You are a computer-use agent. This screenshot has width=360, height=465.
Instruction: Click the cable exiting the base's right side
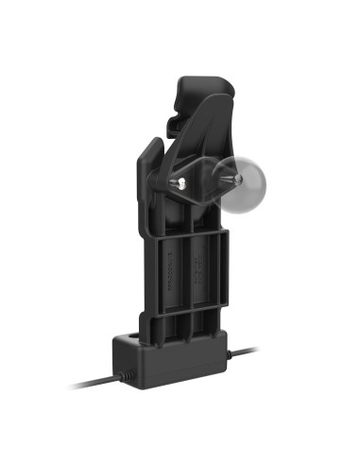click(244, 353)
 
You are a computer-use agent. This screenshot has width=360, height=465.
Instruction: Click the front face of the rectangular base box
click(170, 364)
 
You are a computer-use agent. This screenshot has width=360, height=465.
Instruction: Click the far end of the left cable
click(72, 386)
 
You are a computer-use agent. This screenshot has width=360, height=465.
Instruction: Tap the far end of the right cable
click(255, 349)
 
